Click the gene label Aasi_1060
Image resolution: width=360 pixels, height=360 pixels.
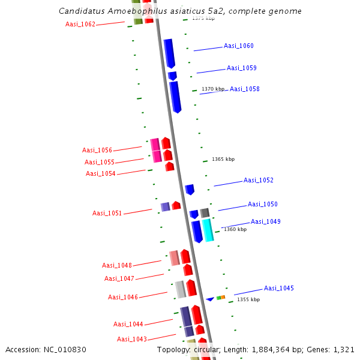pos(238,46)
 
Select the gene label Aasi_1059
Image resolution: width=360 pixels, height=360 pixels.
pos(241,68)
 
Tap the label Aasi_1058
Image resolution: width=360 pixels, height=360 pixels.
pos(245,89)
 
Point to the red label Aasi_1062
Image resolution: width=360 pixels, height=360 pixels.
pos(80,24)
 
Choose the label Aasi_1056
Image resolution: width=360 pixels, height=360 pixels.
pos(97,150)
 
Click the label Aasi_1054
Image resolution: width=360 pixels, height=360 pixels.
pos(101,173)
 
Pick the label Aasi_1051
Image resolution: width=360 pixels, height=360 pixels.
pos(107,213)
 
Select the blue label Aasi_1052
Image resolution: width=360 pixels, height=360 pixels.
pos(258,180)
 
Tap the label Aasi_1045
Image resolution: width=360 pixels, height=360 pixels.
pos(279,288)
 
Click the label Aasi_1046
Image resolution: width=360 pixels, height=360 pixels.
pos(123,297)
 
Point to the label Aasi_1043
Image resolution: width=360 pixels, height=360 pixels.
pos(131,339)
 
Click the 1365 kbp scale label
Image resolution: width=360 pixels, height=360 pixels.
pos(223,159)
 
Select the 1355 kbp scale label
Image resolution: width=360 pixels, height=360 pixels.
pos(248,299)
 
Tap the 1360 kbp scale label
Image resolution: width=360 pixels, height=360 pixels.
pos(235,229)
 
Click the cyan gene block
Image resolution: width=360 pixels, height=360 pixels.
pos(208,230)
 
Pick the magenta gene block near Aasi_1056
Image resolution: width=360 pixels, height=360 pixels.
pos(155,150)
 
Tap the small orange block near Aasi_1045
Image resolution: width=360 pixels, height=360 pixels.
pos(223,297)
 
